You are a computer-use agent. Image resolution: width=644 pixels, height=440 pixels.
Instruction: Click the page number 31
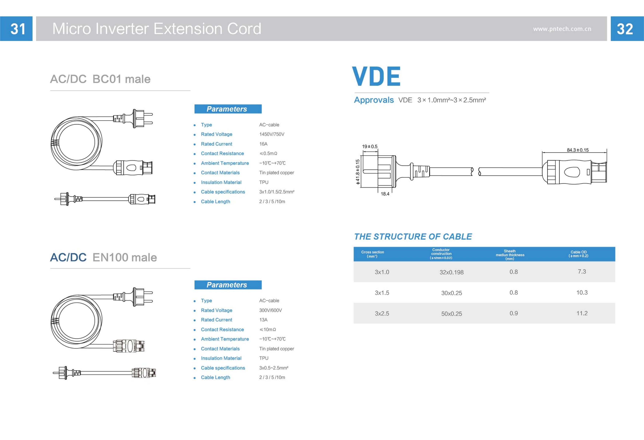click(x=18, y=29)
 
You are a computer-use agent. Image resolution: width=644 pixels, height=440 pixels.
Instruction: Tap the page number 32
click(x=625, y=29)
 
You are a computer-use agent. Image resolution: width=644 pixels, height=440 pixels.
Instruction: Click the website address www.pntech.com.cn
click(x=562, y=29)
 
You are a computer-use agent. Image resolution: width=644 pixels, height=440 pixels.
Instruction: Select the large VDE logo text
click(x=376, y=76)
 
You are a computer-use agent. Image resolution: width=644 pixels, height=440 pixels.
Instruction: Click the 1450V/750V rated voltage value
click(x=271, y=134)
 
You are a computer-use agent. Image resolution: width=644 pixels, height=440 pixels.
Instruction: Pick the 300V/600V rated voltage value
click(x=270, y=310)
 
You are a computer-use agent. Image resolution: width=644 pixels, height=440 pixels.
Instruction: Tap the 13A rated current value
click(x=263, y=320)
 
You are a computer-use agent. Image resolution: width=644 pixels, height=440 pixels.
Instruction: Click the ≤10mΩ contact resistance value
click(x=268, y=329)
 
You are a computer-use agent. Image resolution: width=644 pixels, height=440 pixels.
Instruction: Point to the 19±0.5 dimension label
click(x=370, y=146)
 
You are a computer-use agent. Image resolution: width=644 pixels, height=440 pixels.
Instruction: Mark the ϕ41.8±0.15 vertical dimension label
click(x=358, y=172)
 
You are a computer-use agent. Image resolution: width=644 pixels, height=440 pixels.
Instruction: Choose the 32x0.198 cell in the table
click(x=451, y=272)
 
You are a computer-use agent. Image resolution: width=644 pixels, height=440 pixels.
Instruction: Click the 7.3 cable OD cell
click(x=582, y=272)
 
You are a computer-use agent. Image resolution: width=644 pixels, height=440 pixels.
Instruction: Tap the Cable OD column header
click(x=578, y=254)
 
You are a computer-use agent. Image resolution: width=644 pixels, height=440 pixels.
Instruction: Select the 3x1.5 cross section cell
click(x=382, y=293)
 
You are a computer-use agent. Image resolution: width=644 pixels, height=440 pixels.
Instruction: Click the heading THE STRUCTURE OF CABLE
click(x=413, y=237)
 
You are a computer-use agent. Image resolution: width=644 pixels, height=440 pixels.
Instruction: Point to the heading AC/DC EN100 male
click(x=103, y=257)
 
